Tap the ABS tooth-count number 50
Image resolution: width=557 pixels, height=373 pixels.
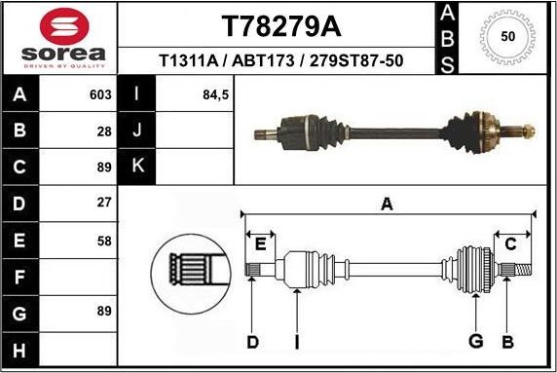[507, 36]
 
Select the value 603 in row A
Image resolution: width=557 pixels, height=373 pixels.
[99, 95]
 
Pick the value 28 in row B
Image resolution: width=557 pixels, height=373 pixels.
[104, 131]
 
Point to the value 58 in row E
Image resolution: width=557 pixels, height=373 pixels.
[104, 241]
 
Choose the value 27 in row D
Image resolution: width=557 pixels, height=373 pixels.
[104, 204]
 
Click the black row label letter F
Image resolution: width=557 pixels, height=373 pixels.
[20, 278]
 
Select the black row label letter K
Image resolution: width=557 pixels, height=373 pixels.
[137, 167]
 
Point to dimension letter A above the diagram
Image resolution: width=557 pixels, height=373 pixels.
[387, 205]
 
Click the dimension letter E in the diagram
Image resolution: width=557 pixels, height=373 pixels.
[260, 243]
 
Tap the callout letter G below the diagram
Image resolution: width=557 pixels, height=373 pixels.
[475, 341]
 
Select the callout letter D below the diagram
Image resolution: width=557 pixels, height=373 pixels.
[252, 341]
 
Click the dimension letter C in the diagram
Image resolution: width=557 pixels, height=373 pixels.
[510, 243]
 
